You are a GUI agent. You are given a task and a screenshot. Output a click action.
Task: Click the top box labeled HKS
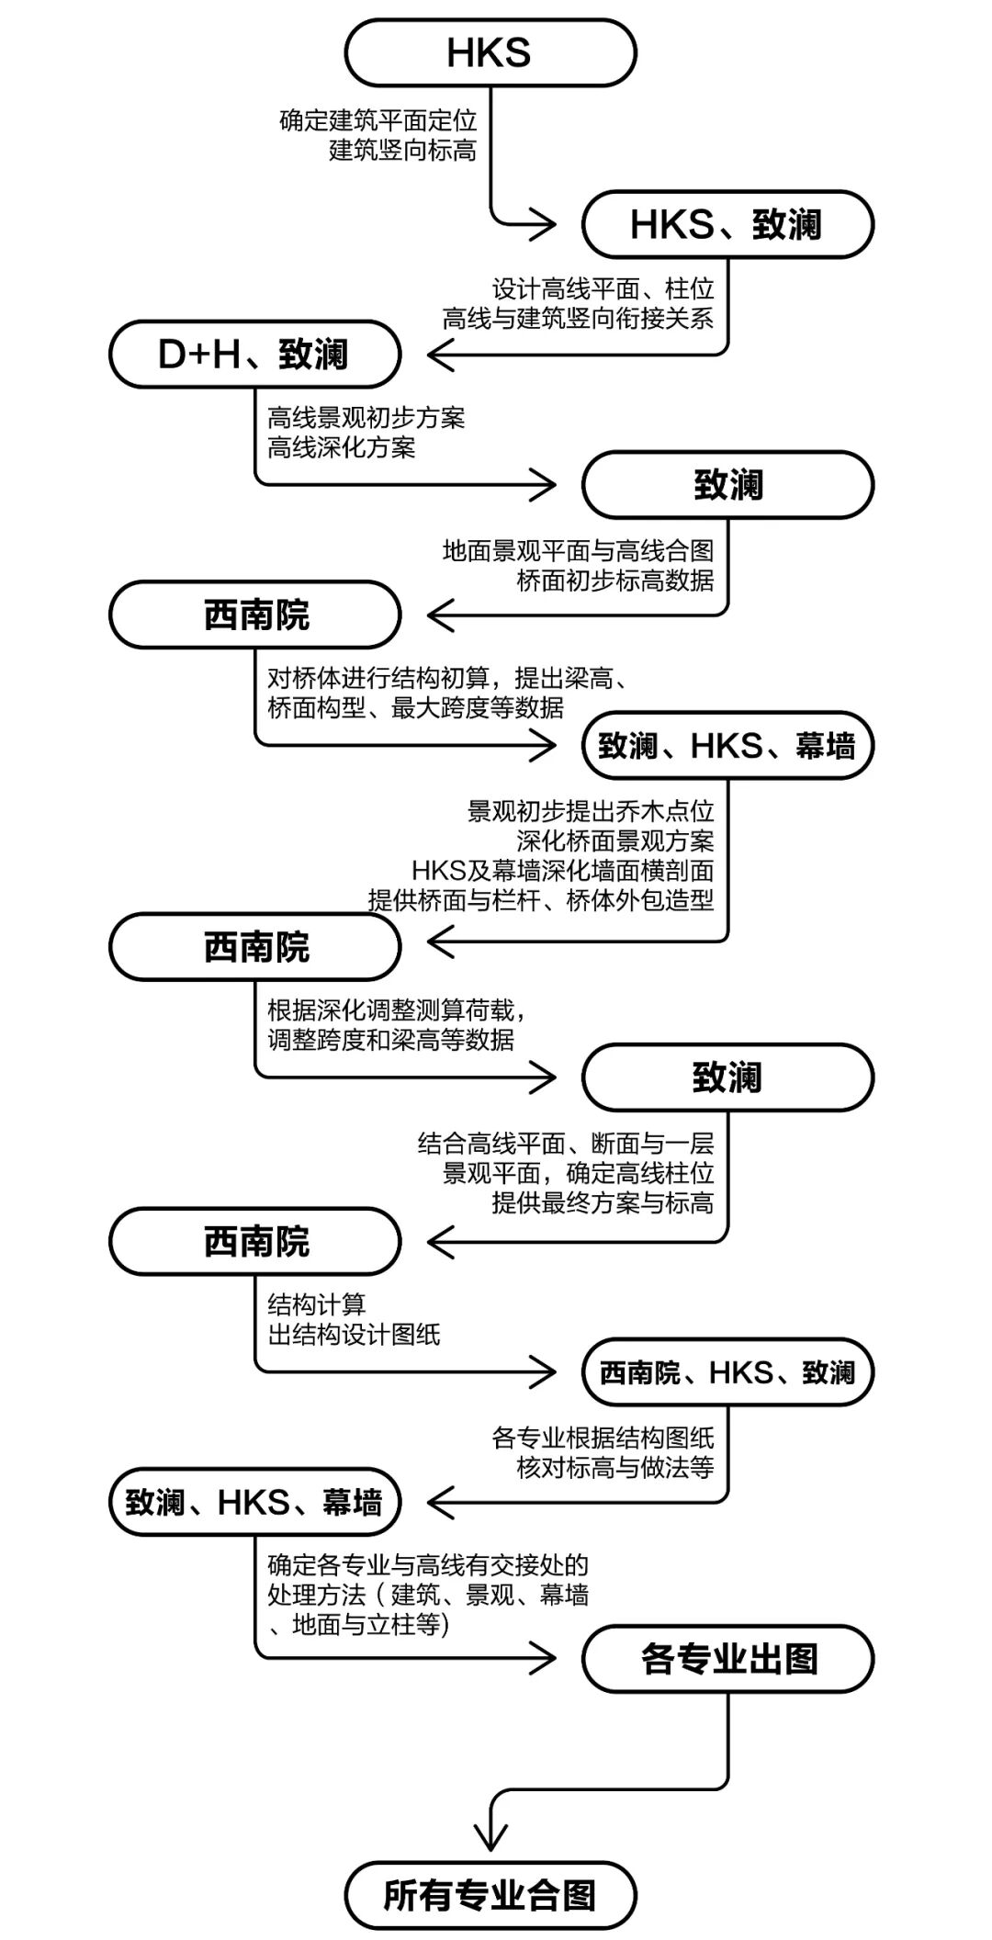[x=490, y=53]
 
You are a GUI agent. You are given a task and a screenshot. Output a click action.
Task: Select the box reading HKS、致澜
[x=727, y=225]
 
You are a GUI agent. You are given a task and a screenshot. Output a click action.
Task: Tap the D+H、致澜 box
[x=254, y=355]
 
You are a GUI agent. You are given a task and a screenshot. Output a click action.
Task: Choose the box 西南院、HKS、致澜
[x=727, y=1372]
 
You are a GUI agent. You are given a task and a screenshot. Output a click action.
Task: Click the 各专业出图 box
[x=727, y=1659]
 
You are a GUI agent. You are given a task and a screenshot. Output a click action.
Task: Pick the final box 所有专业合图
[x=490, y=1895]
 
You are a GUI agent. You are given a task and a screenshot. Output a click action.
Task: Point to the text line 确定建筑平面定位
[x=378, y=120]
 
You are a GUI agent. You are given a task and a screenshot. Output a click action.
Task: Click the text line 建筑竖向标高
[x=402, y=150]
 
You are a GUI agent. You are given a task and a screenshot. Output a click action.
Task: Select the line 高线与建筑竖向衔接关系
[x=578, y=319]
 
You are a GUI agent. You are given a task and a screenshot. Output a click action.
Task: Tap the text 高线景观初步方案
[x=366, y=418]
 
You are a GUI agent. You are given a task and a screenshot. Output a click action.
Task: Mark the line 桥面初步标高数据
[x=614, y=581]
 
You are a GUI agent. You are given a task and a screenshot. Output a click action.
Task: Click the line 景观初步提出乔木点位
[x=590, y=811]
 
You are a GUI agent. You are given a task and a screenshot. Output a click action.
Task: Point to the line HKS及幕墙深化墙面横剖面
[x=562, y=870]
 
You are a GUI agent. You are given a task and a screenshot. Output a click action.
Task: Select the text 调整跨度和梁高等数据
[x=390, y=1040]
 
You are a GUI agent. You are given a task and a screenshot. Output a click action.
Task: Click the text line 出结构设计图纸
[x=354, y=1334]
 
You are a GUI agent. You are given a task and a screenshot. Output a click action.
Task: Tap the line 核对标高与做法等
[x=614, y=1467]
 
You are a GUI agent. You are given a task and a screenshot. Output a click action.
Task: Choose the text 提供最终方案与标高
[x=603, y=1202]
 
